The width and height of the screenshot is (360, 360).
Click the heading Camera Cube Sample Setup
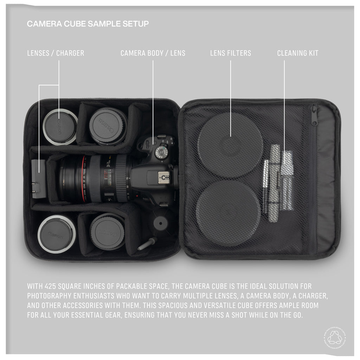[88, 24]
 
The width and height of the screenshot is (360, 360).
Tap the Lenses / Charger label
[56, 53]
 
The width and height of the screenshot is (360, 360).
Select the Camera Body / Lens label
[153, 53]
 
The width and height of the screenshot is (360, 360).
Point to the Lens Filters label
[231, 53]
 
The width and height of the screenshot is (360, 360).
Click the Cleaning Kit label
[297, 53]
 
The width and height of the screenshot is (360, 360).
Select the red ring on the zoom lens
[84, 178]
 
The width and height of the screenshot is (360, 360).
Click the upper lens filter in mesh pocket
[230, 144]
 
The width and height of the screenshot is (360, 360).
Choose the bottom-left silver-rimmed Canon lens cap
[57, 234]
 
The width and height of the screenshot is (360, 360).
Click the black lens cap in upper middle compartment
[108, 126]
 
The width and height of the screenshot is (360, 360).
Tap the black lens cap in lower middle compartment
[107, 231]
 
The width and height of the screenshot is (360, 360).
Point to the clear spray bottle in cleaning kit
[287, 180]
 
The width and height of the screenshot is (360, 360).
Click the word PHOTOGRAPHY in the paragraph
[51, 296]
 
